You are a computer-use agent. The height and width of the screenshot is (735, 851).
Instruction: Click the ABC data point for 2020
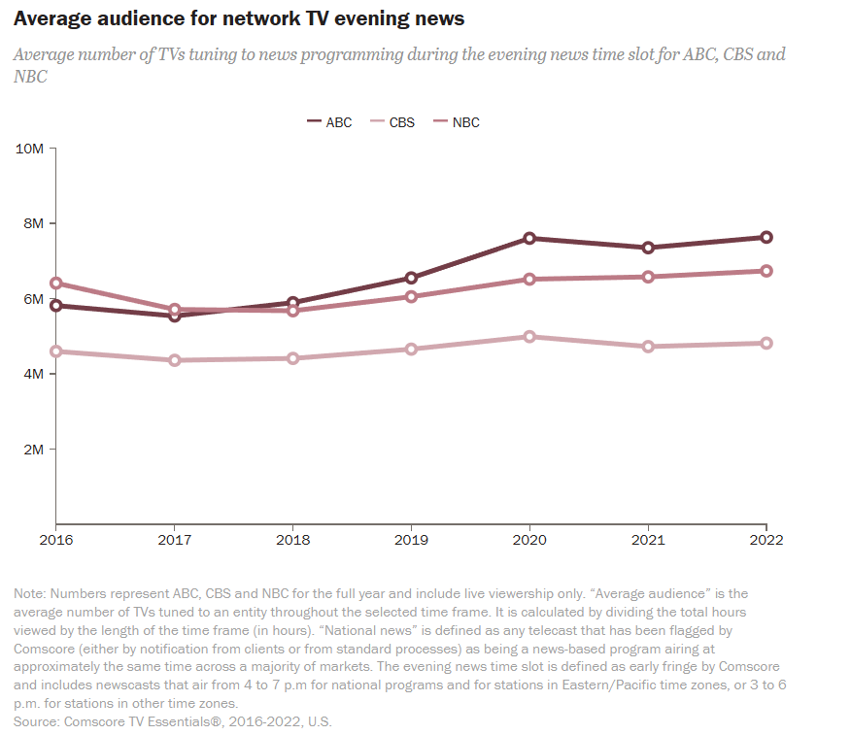pos(529,238)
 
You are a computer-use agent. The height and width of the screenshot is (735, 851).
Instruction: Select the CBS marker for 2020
pos(529,337)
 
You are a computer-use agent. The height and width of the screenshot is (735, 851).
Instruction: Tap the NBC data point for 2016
pos(56,284)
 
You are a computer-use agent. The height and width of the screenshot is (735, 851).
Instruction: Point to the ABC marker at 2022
pos(766,237)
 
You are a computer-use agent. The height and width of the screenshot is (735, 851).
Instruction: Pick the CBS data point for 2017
pos(175,360)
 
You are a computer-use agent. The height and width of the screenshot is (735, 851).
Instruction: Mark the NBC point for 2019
pos(411,296)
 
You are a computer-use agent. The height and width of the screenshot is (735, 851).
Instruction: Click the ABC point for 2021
pos(648,248)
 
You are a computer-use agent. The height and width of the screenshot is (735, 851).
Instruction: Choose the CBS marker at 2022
pos(766,343)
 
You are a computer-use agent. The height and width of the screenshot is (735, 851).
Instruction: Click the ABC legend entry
pos(329,122)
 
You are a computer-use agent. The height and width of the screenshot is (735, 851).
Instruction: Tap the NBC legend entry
pos(456,122)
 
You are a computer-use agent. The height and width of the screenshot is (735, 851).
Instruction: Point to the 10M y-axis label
pos(30,149)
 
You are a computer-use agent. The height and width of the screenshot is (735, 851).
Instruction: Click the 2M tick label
pos(33,450)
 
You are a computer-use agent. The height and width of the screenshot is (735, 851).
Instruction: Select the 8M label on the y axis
pos(33,223)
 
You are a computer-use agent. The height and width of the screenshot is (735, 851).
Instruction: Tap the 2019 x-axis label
pos(411,540)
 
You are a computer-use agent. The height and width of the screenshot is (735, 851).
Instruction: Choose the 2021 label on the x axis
pos(648,540)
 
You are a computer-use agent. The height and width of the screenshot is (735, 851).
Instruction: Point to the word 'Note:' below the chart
pos(30,593)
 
